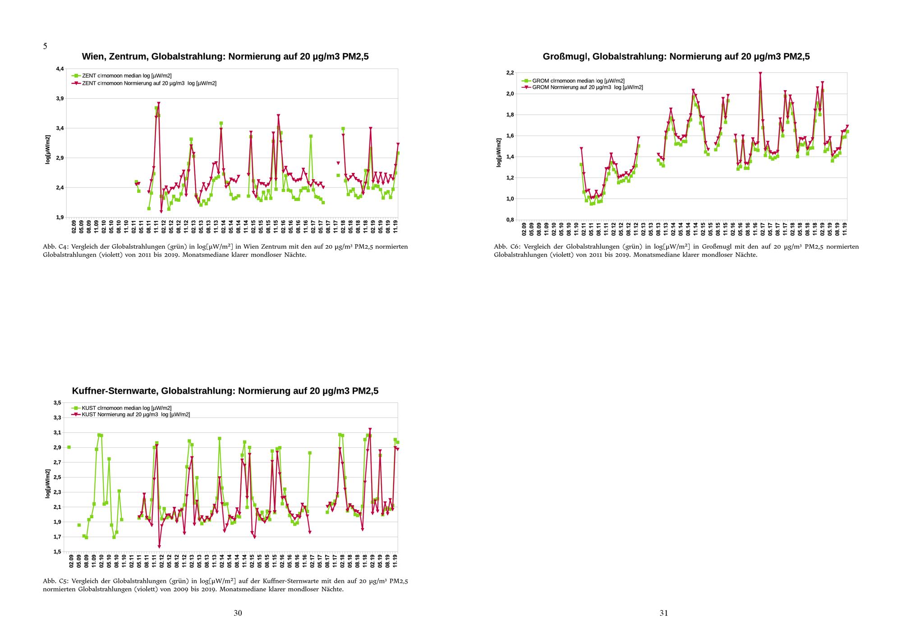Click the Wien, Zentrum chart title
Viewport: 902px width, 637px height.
pyautogui.click(x=225, y=57)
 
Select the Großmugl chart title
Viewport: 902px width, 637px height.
pyautogui.click(x=676, y=57)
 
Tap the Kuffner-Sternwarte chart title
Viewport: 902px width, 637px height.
pyautogui.click(x=225, y=391)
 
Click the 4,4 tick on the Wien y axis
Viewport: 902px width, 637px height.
pyautogui.click(x=60, y=69)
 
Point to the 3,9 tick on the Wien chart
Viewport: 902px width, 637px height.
pyautogui.click(x=60, y=99)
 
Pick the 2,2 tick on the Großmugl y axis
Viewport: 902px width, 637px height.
pyautogui.click(x=510, y=73)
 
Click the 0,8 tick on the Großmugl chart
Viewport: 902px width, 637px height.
pyautogui.click(x=510, y=220)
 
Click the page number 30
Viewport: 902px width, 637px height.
pyautogui.click(x=238, y=613)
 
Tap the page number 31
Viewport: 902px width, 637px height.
pyautogui.click(x=663, y=613)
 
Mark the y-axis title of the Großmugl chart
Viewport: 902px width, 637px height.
pyautogui.click(x=499, y=153)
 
